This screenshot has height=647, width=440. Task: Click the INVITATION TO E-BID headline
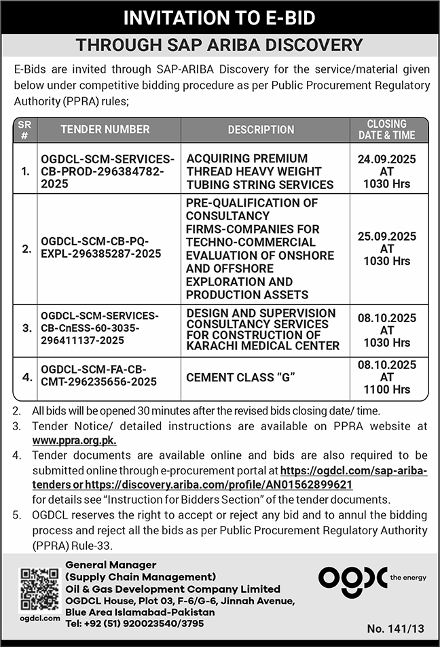220,18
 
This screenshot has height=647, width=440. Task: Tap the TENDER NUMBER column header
105,129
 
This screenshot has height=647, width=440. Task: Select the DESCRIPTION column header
261,129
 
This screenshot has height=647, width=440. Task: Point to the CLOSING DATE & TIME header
386,129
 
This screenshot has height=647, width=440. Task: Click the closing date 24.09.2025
386,159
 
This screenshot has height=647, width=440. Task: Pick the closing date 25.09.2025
386,237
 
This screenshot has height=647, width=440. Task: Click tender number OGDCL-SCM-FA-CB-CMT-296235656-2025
99,376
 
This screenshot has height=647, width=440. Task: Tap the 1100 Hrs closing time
386,389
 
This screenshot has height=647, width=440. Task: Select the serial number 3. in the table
26,328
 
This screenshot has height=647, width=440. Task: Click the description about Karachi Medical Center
262,329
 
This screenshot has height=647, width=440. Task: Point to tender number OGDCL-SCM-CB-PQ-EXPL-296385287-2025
101,247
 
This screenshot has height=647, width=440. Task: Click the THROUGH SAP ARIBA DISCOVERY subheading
220,46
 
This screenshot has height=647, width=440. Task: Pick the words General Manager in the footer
111,565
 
